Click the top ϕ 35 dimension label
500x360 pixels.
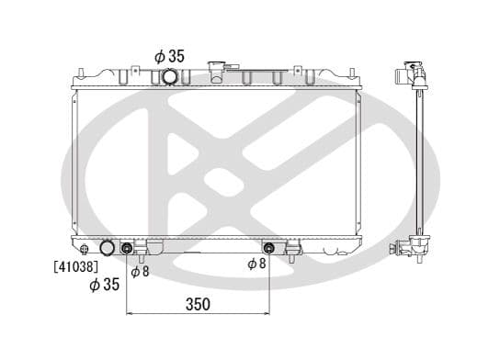pos(169,56)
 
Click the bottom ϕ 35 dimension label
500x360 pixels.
pos(104,285)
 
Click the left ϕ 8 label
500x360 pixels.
pos(140,271)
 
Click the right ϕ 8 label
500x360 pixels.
pos(257,264)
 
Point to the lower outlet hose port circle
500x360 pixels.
pos(108,248)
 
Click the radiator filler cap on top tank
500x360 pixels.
pos(218,69)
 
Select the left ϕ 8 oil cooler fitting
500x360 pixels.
pos(128,248)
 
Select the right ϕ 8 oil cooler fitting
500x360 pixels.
pos(269,247)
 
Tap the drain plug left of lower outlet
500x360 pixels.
pos(85,249)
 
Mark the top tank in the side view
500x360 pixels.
pos(413,75)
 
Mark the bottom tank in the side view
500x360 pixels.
pos(412,247)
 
